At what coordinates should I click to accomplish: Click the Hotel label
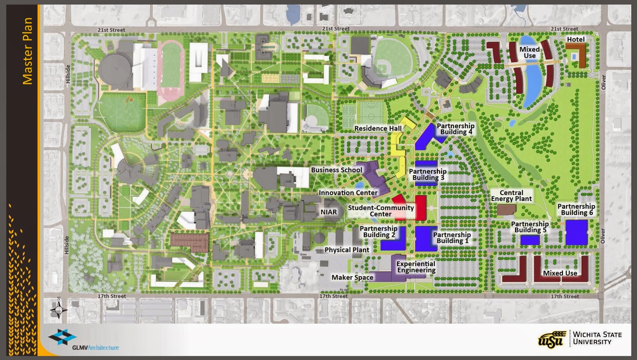pyautogui.click(x=576, y=39)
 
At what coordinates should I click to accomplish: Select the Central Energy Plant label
pyautogui.click(x=511, y=196)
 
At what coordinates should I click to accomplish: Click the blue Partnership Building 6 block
pyautogui.click(x=576, y=232)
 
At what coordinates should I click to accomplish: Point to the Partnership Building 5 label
pyautogui.click(x=530, y=227)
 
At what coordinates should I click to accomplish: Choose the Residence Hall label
pyautogui.click(x=378, y=128)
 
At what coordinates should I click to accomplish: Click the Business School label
pyautogui.click(x=336, y=170)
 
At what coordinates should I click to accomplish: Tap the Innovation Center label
pyautogui.click(x=348, y=193)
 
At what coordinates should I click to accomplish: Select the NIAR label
pyautogui.click(x=328, y=212)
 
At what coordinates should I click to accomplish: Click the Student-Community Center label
pyautogui.click(x=381, y=211)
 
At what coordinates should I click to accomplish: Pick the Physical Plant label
pyautogui.click(x=347, y=250)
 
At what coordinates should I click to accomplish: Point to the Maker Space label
pyautogui.click(x=352, y=277)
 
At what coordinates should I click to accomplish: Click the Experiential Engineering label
pyautogui.click(x=416, y=267)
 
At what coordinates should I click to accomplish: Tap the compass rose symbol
pyautogui.click(x=59, y=309)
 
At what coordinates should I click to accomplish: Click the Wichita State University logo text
pyautogui.click(x=596, y=338)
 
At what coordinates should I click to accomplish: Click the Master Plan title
pyautogui.click(x=27, y=51)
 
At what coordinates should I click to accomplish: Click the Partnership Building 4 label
pyautogui.click(x=455, y=129)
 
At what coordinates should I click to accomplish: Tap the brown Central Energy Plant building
pyautogui.click(x=506, y=209)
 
